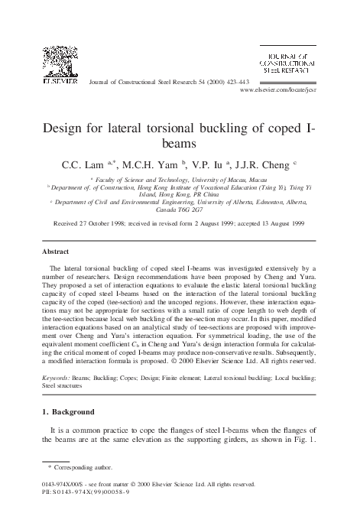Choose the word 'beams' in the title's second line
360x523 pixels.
181,143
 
